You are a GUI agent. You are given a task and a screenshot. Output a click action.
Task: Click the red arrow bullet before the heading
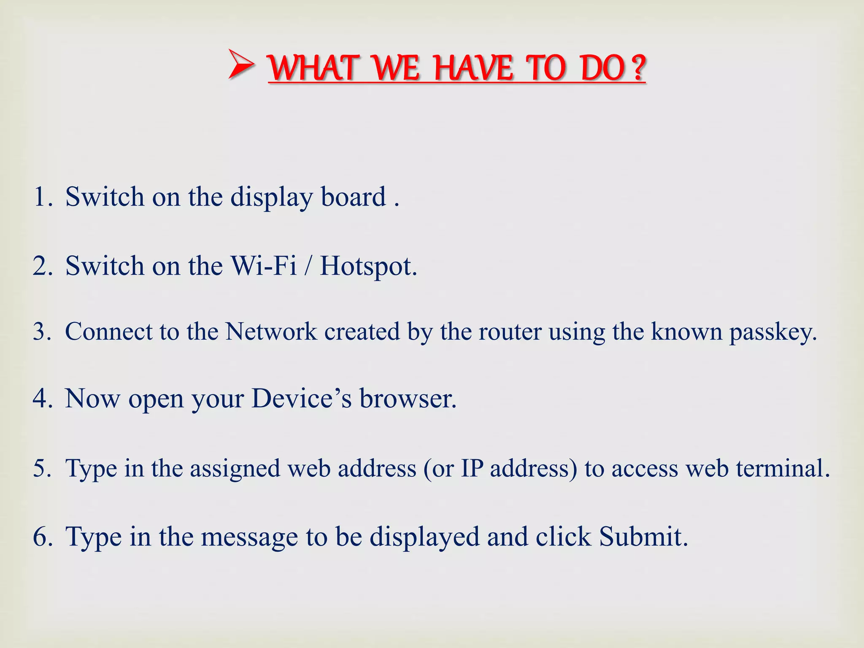(x=241, y=65)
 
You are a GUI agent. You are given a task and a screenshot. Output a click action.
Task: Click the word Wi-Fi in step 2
(x=263, y=266)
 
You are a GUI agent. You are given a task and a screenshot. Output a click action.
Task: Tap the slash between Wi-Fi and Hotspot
(x=309, y=266)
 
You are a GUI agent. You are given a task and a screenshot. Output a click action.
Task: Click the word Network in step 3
(x=271, y=332)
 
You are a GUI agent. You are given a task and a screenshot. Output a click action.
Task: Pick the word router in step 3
(x=510, y=332)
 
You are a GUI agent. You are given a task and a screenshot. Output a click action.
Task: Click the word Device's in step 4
(x=301, y=399)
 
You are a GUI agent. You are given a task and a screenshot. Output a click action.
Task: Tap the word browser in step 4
(x=408, y=399)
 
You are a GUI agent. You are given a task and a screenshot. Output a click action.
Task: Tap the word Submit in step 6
(x=643, y=537)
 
